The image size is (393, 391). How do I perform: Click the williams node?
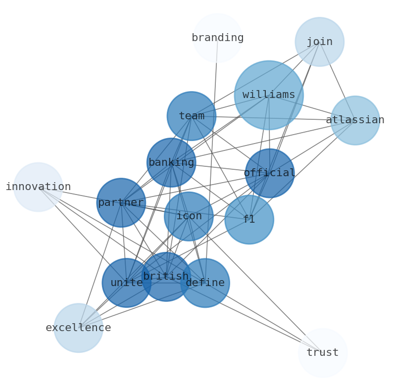pos(268,95)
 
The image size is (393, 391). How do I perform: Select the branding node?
pos(217,38)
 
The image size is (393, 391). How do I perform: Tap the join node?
pos(319,42)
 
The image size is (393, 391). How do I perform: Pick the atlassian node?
pos(355,120)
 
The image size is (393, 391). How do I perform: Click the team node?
pos(192,116)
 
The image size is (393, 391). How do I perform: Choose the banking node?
pos(171,162)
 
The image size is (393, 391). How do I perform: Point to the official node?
pos(269,173)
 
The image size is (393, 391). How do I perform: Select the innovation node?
pos(38,187)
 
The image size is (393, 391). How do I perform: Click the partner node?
pos(121,203)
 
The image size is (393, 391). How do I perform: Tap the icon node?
pos(189,216)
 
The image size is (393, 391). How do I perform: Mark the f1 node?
pos(249,219)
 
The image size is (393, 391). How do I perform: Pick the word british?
pos(166,276)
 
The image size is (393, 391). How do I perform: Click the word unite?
pos(127,283)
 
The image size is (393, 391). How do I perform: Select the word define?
pos(205,283)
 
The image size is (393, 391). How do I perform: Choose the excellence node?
pos(78,328)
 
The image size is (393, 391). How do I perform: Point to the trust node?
pos(323,353)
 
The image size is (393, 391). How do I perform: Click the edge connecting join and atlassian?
pos(337,81)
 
